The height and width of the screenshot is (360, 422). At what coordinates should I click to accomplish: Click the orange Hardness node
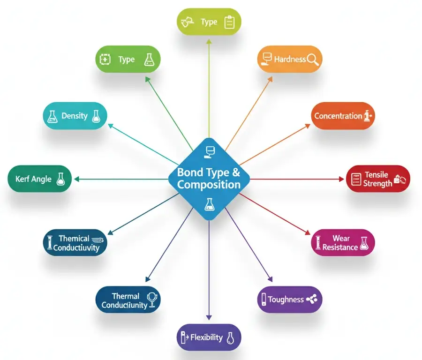point(290,60)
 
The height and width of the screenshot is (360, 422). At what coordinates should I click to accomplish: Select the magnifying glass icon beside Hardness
point(313,59)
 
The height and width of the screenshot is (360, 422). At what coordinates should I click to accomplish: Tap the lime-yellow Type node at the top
point(209,22)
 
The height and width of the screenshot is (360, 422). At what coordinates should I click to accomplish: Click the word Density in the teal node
point(75,116)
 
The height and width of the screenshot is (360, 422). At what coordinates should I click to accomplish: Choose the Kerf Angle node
point(40,179)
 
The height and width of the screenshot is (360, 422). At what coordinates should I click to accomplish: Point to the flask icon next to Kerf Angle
point(60,179)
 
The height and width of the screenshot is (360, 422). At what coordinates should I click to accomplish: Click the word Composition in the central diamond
point(209,185)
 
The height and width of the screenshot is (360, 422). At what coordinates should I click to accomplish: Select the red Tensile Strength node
point(378,179)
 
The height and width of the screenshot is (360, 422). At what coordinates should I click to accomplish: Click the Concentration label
point(338,116)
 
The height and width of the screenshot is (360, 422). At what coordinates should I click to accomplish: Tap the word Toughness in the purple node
point(286,300)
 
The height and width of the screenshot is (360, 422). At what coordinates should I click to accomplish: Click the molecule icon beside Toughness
point(312,299)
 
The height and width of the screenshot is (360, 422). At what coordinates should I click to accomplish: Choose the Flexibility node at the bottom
point(209,337)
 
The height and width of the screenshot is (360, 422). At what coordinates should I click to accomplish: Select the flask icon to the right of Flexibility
point(230,337)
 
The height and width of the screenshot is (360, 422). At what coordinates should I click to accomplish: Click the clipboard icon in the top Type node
point(229,22)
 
